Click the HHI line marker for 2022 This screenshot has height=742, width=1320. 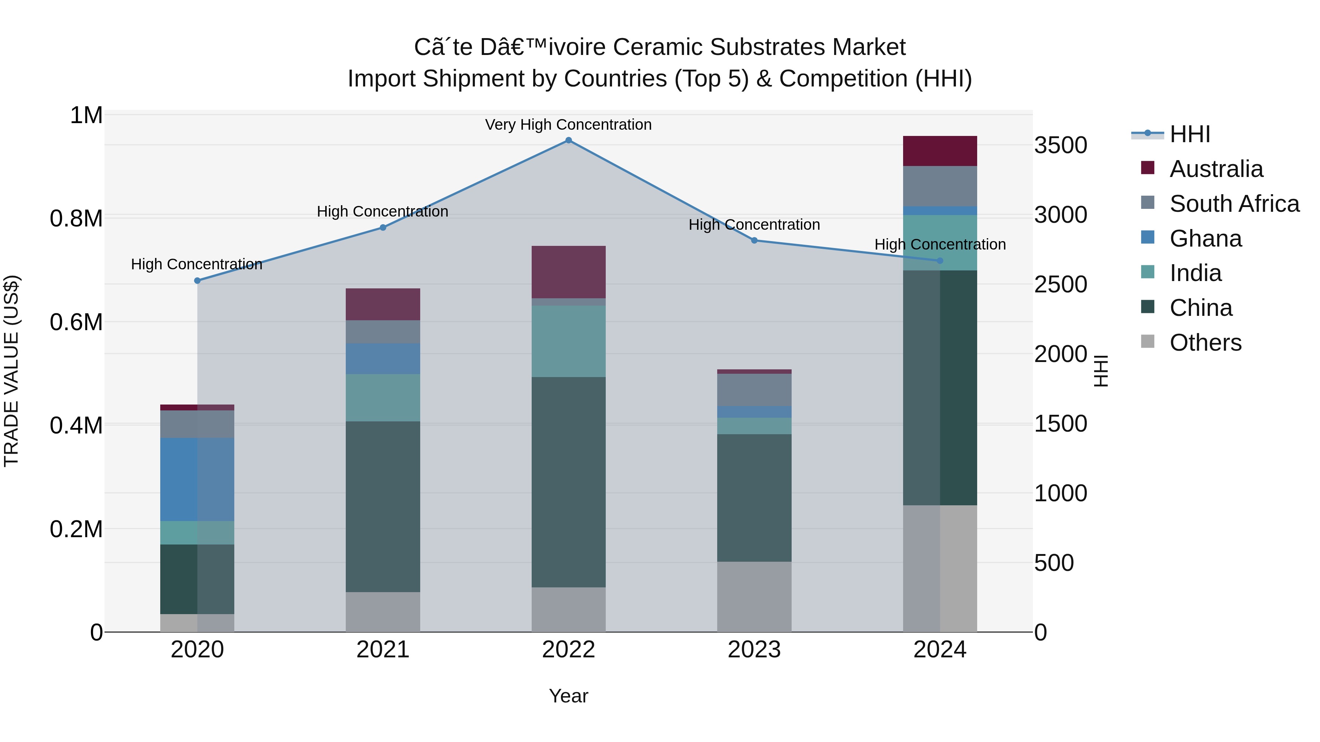pyautogui.click(x=568, y=140)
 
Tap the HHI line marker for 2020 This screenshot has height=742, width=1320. pyautogui.click(x=197, y=281)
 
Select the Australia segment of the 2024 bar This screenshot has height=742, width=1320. pyautogui.click(x=940, y=151)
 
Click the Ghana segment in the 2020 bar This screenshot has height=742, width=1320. pyautogui.click(x=197, y=479)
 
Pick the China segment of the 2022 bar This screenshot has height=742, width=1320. pyautogui.click(x=568, y=482)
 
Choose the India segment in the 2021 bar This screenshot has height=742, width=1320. pyautogui.click(x=383, y=398)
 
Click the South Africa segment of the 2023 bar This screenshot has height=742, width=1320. pyautogui.click(x=754, y=390)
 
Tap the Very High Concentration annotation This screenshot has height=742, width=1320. pyautogui.click(x=568, y=125)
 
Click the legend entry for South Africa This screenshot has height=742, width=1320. pyautogui.click(x=1234, y=204)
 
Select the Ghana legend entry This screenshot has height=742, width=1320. pyautogui.click(x=1205, y=239)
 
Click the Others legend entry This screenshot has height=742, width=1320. pyautogui.click(x=1205, y=343)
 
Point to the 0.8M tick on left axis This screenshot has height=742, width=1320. pyautogui.click(x=76, y=219)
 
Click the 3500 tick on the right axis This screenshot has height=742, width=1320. pyautogui.click(x=1060, y=145)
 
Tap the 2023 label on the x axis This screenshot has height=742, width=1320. pyautogui.click(x=754, y=650)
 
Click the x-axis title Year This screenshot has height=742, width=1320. pyautogui.click(x=568, y=696)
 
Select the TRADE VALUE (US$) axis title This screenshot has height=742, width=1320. pyautogui.click(x=11, y=371)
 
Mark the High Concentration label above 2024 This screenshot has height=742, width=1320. pyautogui.click(x=940, y=244)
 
